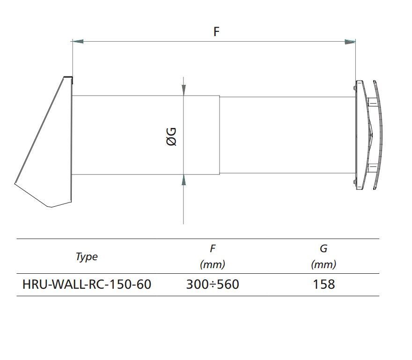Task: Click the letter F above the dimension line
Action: click(216, 31)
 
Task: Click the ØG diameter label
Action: click(171, 136)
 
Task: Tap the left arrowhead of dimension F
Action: click(78, 42)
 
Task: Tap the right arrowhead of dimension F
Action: click(350, 42)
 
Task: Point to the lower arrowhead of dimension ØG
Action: click(184, 180)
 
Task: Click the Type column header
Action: click(87, 256)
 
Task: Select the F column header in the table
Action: click(213, 248)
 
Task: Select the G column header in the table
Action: click(324, 248)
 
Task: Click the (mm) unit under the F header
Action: click(213, 264)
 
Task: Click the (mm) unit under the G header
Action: click(324, 264)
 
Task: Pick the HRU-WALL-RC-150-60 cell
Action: click(87, 285)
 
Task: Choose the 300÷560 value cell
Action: click(213, 285)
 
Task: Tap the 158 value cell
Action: click(324, 285)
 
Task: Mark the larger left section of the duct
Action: click(146, 135)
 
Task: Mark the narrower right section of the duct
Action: click(287, 135)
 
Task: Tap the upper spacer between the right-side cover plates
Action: click(373, 102)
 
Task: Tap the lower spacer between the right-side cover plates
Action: click(373, 168)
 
